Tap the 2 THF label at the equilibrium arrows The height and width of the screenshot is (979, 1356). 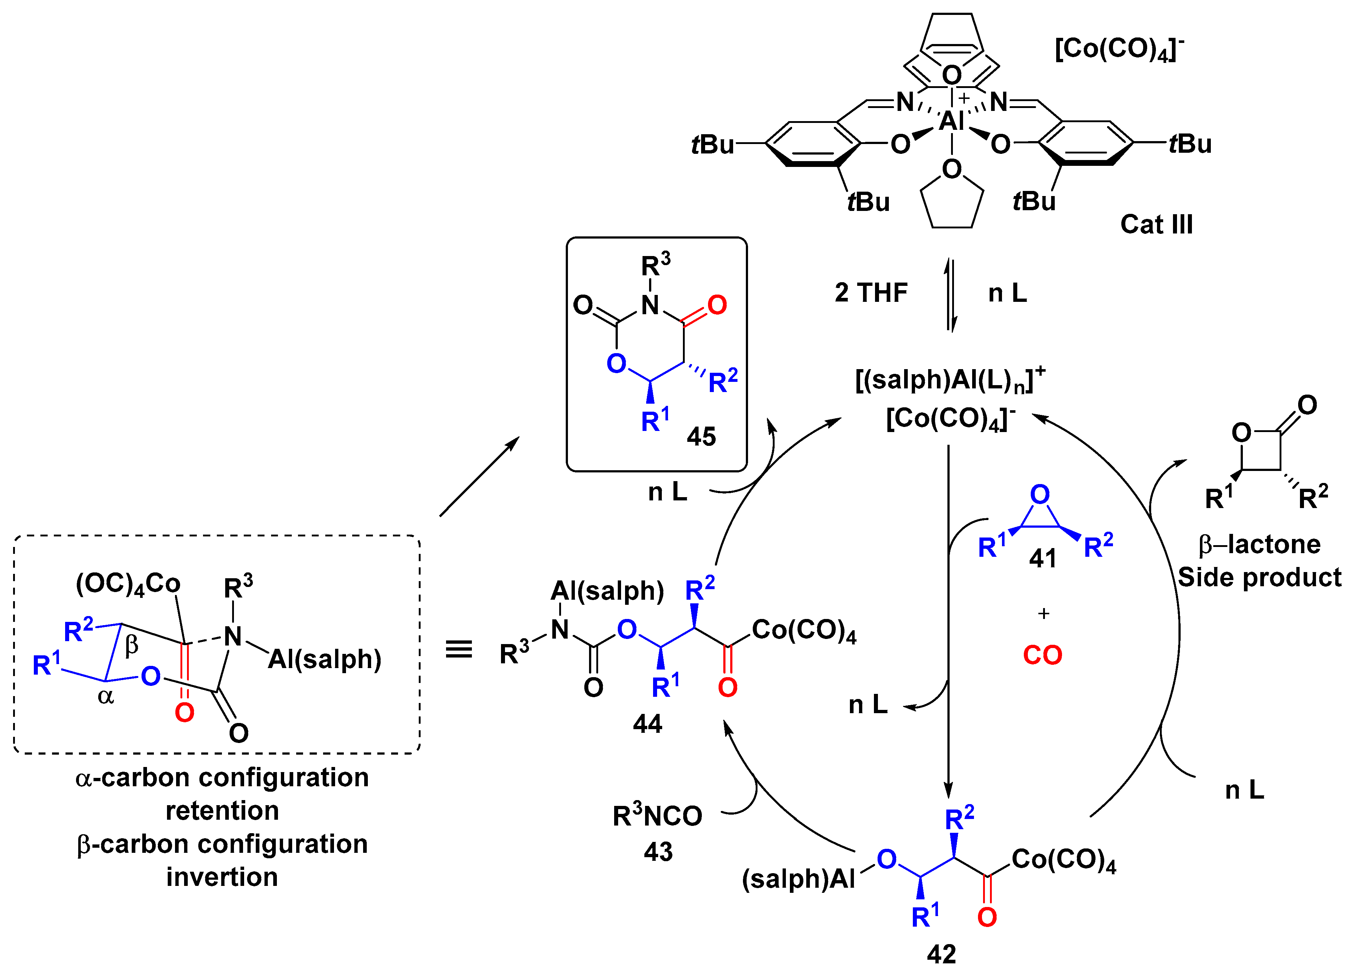pos(871,293)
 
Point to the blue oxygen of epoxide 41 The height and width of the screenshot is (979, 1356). pos(1040,494)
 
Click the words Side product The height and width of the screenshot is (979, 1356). pos(1259,578)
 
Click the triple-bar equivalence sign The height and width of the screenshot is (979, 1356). pos(458,649)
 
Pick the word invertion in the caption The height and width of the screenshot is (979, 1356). pos(222,878)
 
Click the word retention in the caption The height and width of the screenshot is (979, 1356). pos(222,811)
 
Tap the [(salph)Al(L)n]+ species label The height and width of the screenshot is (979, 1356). pos(950,380)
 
